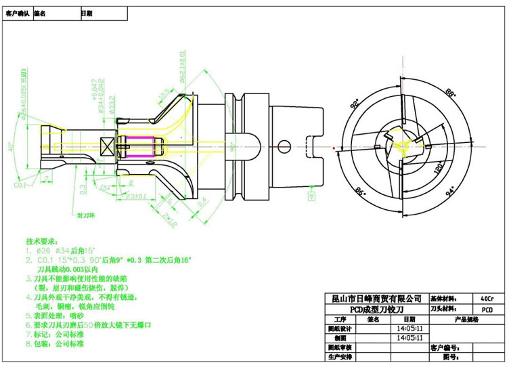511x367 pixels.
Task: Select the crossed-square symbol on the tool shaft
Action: [x=108, y=145]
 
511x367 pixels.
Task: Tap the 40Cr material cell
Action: [x=485, y=299]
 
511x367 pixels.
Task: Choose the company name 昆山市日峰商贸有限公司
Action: [x=374, y=299]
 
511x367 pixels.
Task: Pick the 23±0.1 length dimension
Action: [x=137, y=196]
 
